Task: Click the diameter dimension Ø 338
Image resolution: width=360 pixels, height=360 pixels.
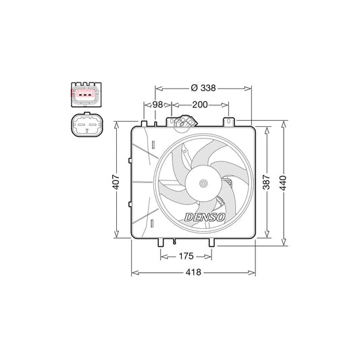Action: [203, 88]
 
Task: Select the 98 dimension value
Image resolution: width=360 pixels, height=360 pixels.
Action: [158, 105]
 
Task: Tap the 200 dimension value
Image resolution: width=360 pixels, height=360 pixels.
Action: [200, 105]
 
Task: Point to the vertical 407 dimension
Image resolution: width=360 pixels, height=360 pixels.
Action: [116, 182]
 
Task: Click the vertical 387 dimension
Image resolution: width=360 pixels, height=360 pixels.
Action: [267, 182]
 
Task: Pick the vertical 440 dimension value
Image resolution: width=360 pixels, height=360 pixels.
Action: [284, 183]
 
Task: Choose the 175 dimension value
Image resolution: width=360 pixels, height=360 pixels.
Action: [186, 256]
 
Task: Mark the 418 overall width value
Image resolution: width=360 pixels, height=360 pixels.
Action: [193, 272]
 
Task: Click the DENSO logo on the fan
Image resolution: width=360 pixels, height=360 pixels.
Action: [205, 217]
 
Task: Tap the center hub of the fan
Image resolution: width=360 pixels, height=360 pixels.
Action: [203, 183]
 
